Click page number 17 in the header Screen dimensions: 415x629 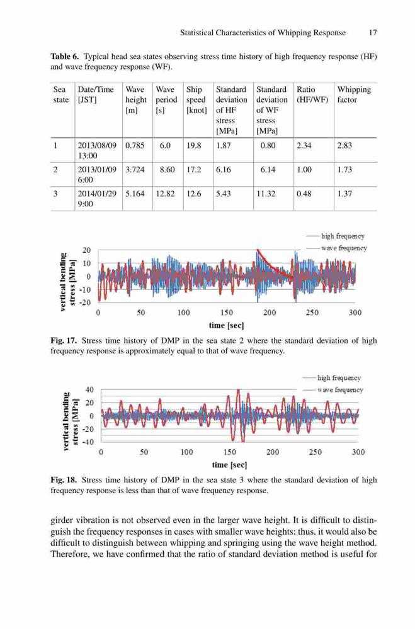[372, 33]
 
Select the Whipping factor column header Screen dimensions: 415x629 [354, 95]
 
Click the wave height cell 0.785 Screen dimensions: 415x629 [135, 146]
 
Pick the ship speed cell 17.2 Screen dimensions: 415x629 [193, 170]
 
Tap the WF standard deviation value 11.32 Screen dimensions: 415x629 [266, 194]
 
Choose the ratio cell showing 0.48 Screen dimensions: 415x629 [304, 194]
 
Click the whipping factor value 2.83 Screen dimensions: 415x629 [344, 146]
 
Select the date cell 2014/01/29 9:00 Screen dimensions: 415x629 [97, 199]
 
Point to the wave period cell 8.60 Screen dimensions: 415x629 [167, 170]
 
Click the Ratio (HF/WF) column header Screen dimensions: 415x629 [312, 95]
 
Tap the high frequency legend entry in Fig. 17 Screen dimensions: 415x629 [336, 237]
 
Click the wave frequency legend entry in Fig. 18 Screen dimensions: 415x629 [333, 389]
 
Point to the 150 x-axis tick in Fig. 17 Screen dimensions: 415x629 [227, 313]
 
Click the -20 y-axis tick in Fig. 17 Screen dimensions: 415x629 [86, 303]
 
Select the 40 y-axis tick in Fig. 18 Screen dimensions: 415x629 [89, 389]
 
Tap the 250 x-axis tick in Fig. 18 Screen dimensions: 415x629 [316, 452]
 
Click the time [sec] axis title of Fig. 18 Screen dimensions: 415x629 [229, 465]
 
